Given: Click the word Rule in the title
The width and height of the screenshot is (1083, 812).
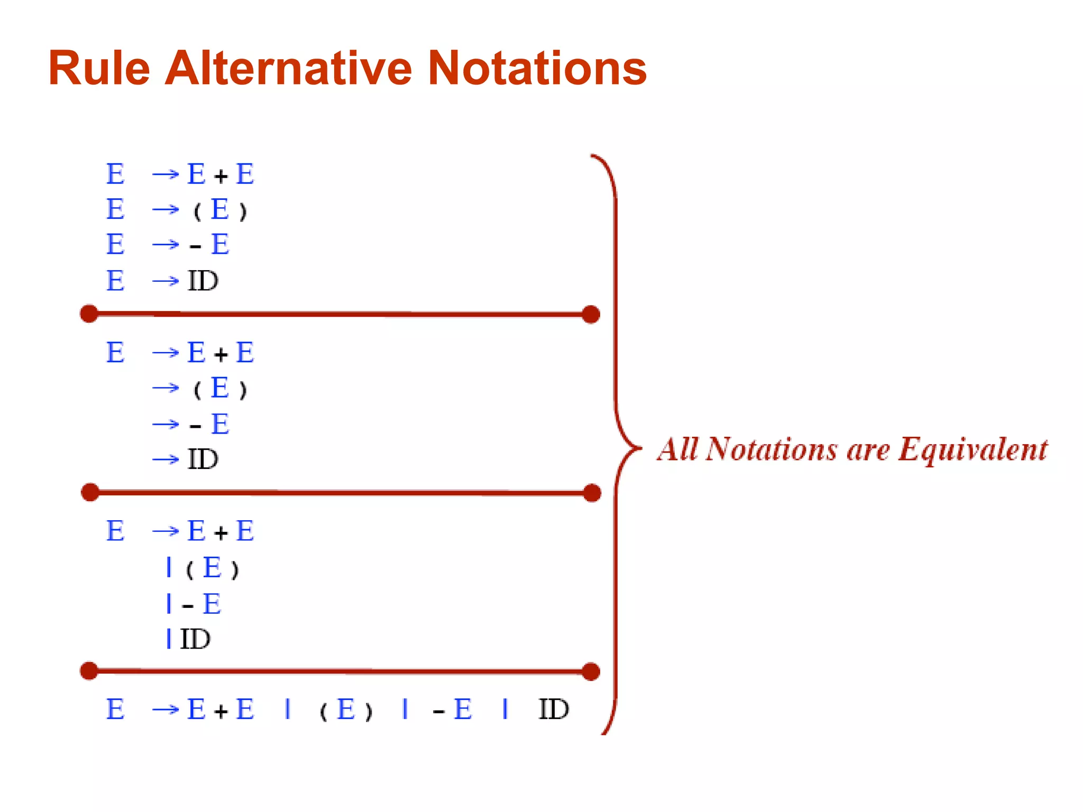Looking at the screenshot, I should [x=99, y=68].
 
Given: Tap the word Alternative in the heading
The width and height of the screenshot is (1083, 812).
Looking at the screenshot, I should [x=288, y=68].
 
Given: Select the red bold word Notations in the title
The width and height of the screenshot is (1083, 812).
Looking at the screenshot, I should [x=537, y=68].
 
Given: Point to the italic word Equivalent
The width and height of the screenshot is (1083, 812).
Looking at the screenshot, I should [x=973, y=450].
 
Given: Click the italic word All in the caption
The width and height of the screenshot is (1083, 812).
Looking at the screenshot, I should [x=678, y=449].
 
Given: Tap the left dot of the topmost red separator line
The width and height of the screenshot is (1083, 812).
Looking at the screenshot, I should [x=89, y=313].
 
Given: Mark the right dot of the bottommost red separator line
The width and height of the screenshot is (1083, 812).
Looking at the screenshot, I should [x=591, y=671].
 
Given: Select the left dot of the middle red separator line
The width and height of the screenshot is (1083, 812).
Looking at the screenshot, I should [x=90, y=492].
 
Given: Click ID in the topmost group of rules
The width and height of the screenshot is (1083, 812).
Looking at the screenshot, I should [x=203, y=281].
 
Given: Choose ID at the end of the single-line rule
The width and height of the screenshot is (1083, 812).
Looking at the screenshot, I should [x=553, y=709].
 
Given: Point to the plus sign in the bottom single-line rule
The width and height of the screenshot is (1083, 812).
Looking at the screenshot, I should [x=221, y=711].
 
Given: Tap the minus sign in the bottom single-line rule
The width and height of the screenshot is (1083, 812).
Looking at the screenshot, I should [x=438, y=712].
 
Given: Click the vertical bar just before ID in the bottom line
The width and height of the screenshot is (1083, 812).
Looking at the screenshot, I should [x=505, y=709].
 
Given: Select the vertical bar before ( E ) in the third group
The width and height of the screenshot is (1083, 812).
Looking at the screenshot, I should [x=169, y=567].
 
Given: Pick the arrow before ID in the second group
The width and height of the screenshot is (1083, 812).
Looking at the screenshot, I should [x=166, y=459].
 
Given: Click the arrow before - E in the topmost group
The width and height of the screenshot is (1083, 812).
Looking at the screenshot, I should [x=166, y=245].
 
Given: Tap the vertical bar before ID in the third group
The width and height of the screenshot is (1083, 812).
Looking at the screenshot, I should [x=169, y=639].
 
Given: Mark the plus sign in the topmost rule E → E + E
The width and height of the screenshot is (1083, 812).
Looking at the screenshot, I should [x=221, y=176].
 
